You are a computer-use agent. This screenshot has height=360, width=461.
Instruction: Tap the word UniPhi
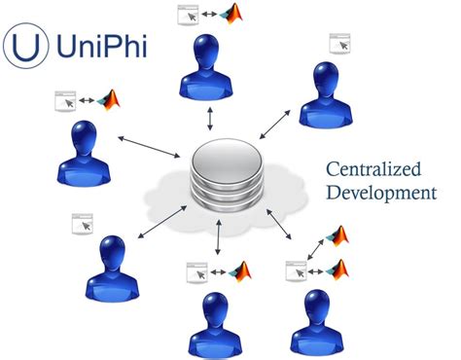pyautogui.click(x=100, y=46)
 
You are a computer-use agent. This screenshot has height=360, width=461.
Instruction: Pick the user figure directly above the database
pyautogui.click(x=210, y=69)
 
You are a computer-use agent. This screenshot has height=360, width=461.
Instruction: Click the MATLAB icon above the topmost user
pyautogui.click(x=232, y=14)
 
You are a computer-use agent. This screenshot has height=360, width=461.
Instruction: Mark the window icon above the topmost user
pyautogui.click(x=188, y=15)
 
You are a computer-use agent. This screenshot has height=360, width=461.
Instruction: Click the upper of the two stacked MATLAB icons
pyautogui.click(x=339, y=235)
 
